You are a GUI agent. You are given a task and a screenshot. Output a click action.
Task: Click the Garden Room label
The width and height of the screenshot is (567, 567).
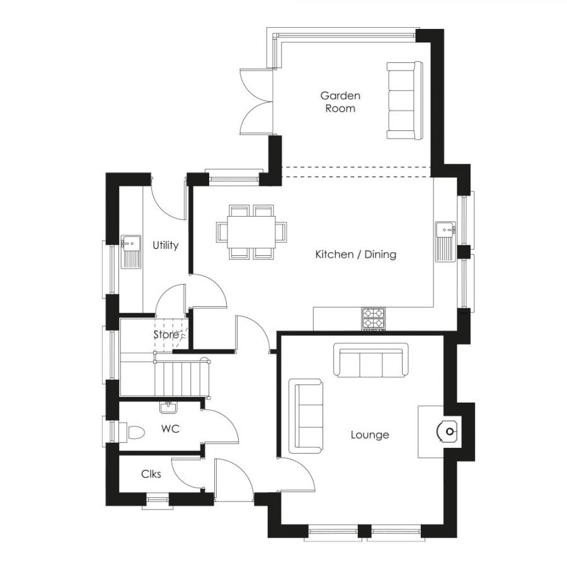tap(340, 102)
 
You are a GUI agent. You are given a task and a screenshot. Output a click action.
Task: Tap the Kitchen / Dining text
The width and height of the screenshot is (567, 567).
tap(355, 255)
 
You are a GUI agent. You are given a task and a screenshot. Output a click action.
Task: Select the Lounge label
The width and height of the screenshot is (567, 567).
tap(370, 435)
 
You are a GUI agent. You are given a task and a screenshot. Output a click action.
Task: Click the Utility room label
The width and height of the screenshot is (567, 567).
tap(166, 245)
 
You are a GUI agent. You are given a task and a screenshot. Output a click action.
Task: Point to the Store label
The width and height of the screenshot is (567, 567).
tap(166, 335)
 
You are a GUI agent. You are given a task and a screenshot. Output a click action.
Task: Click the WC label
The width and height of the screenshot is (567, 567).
tap(170, 429)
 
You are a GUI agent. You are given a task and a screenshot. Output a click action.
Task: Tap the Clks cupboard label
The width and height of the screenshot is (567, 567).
tap(151, 474)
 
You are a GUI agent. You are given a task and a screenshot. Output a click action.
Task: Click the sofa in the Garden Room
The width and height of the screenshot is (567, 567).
tap(404, 101)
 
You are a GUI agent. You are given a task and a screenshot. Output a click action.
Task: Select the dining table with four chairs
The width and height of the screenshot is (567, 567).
tap(251, 232)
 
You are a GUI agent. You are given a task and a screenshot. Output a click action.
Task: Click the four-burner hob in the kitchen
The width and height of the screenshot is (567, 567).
tap(374, 318)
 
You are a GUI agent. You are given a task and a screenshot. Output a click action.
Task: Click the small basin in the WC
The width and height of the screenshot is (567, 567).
tap(168, 408)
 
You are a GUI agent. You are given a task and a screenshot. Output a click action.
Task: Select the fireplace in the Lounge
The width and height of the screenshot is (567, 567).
tap(446, 432)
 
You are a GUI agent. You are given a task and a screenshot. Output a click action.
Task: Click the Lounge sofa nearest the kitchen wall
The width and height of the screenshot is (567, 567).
tap(370, 361)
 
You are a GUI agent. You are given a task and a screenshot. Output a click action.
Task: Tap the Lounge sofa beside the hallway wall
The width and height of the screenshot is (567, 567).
tap(306, 416)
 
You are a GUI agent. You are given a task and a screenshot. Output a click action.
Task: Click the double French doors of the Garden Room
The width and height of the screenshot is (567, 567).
tap(255, 101)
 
